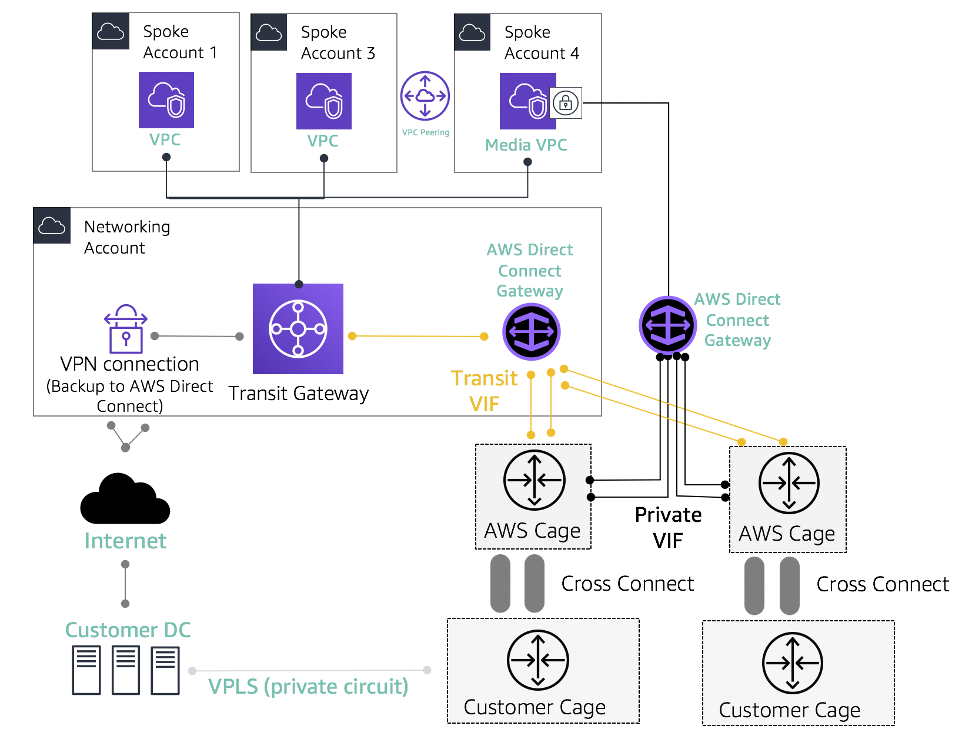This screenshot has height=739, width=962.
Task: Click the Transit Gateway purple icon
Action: coord(298,329)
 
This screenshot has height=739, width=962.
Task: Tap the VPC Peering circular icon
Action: coord(425,96)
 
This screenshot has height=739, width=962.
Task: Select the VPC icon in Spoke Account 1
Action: coord(166,100)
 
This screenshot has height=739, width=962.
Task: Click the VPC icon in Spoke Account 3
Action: coord(324,101)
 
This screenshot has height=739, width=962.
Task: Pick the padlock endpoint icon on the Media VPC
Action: coord(566,103)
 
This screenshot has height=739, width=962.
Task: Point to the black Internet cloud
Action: coord(125,500)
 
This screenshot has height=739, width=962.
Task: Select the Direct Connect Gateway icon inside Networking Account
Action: coord(532,332)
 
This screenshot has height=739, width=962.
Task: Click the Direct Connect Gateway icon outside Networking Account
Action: coord(668,325)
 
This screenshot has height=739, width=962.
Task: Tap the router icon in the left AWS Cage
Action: coord(535,480)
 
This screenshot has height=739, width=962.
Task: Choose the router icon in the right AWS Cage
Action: coord(789,483)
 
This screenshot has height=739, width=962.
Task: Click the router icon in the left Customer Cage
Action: coord(538,660)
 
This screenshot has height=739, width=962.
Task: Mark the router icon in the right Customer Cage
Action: coord(793,663)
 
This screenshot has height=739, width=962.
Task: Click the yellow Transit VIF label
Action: coord(485,391)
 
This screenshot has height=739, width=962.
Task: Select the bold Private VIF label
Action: coord(668,527)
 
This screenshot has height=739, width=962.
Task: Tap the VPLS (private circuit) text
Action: coord(308,687)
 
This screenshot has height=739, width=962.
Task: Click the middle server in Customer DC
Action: coord(126,670)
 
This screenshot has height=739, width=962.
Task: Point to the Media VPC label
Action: coord(526,145)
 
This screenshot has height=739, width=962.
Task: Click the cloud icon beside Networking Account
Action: coord(52,225)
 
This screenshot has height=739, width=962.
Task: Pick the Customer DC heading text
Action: coord(128,630)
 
